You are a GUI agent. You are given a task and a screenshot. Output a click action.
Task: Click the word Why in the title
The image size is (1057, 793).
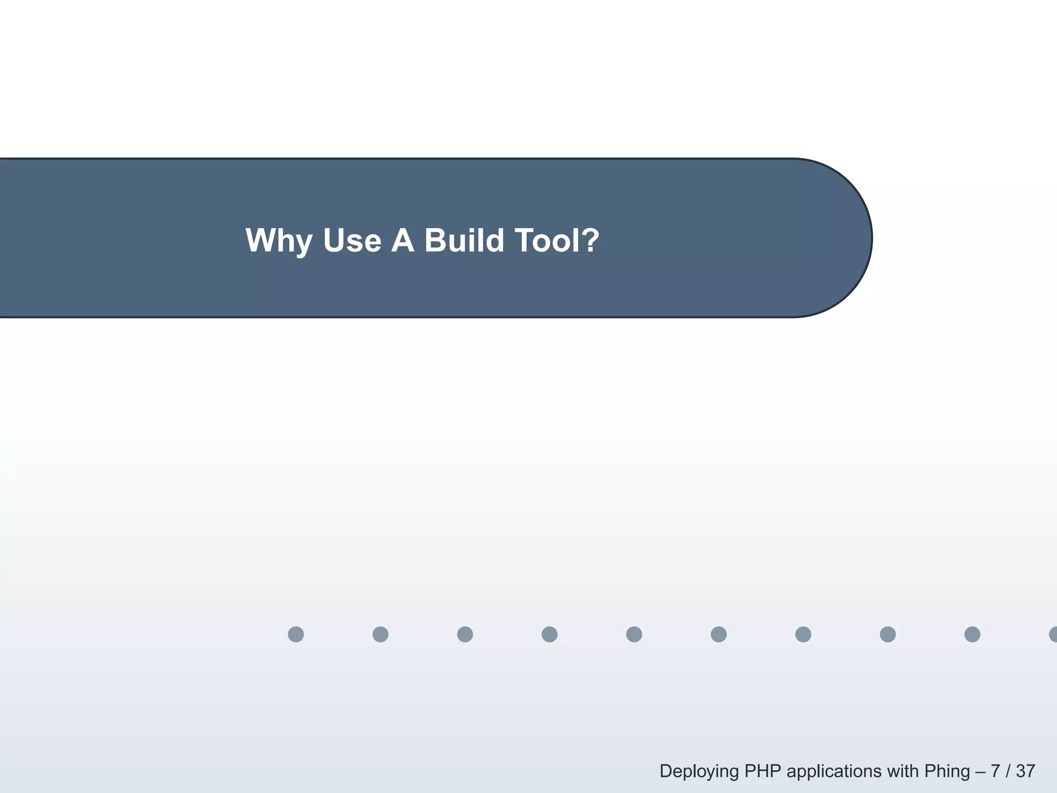coord(279,241)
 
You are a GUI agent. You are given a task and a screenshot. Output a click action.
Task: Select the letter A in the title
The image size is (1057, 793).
coord(403,241)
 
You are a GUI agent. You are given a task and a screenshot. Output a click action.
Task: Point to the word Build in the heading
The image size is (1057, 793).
coord(464,241)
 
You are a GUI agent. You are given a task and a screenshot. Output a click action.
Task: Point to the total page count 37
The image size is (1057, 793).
coord(1026,771)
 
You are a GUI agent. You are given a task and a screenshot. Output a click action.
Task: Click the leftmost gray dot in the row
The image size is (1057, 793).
coord(296,634)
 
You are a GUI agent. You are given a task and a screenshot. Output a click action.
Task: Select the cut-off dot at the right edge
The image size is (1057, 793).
coord(1053,634)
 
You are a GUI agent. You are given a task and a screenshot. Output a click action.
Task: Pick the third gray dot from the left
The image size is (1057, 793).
coord(465,634)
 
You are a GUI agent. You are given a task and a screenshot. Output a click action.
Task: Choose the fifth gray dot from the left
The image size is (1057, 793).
coord(634,634)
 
